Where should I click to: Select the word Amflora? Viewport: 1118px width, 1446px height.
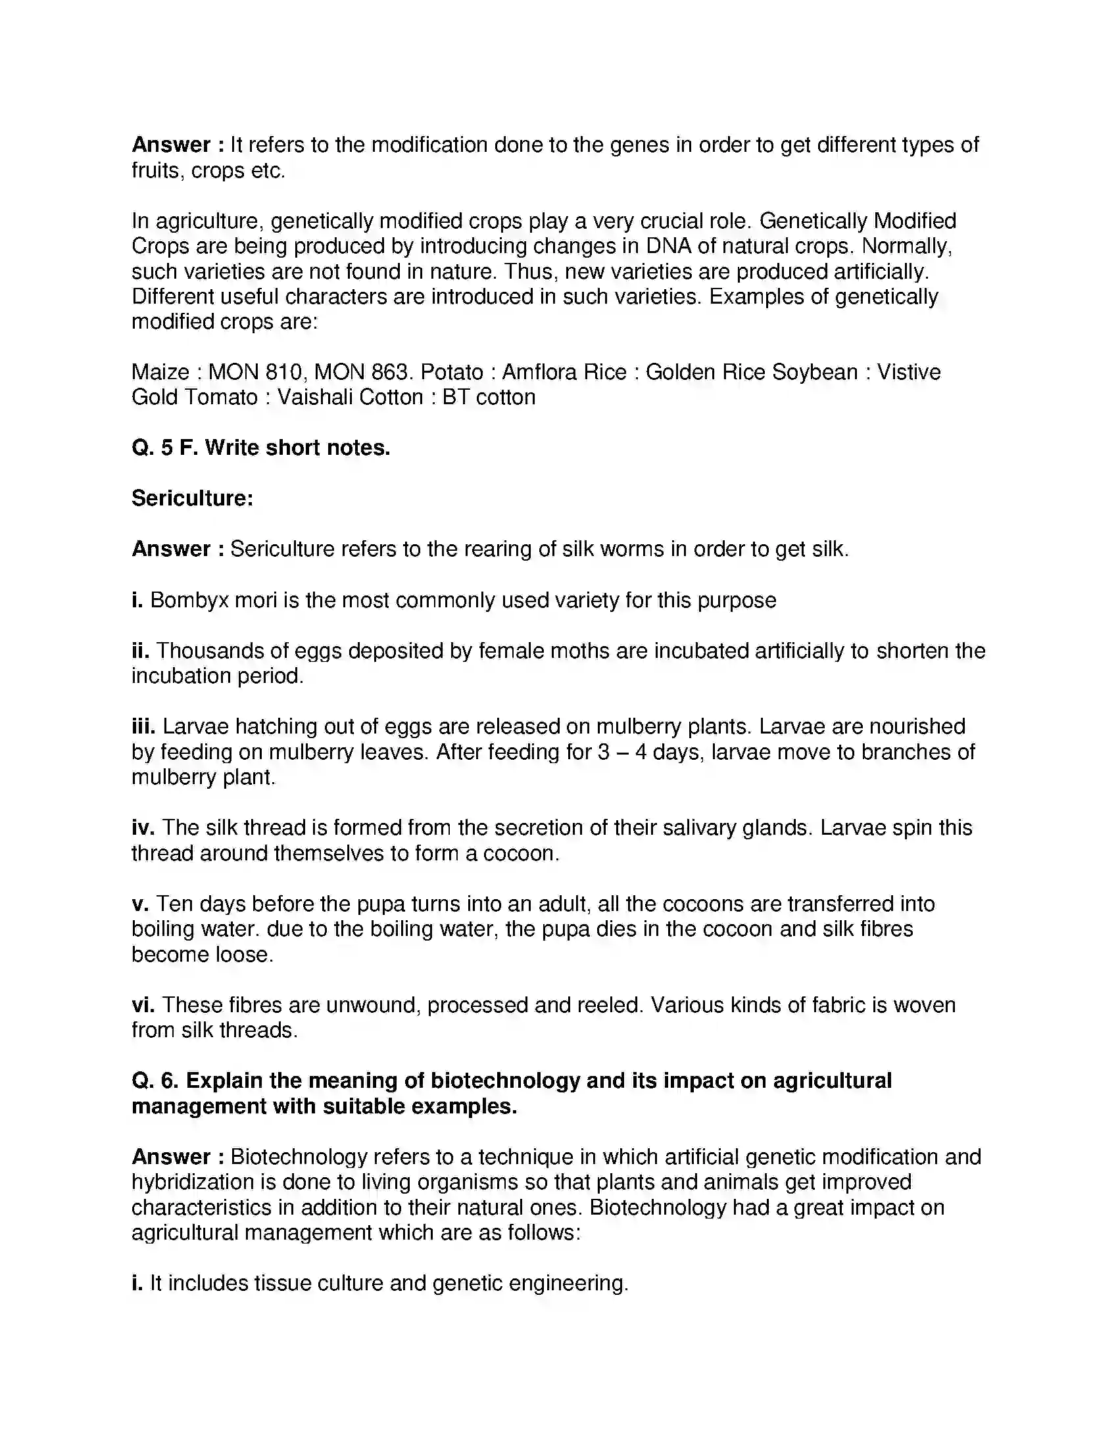(537, 372)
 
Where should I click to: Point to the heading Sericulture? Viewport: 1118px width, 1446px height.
(192, 498)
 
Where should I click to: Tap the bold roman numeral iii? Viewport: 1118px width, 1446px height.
(143, 727)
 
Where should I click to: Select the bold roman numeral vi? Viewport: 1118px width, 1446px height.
(143, 1005)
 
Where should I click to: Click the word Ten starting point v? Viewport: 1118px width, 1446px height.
(174, 904)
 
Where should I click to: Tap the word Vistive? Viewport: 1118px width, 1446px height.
(909, 372)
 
